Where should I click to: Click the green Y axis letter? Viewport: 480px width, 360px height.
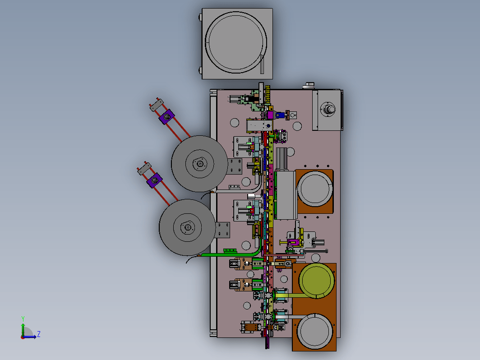point(23,319)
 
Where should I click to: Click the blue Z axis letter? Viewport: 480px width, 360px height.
point(39,334)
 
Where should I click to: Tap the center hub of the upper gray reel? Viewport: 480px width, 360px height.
point(200,164)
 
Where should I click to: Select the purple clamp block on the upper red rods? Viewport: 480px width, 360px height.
point(167,116)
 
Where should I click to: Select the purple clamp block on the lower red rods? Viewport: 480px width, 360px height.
point(155,180)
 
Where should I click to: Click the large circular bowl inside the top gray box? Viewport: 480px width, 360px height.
point(235,42)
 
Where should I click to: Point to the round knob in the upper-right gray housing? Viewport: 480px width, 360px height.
point(330,109)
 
